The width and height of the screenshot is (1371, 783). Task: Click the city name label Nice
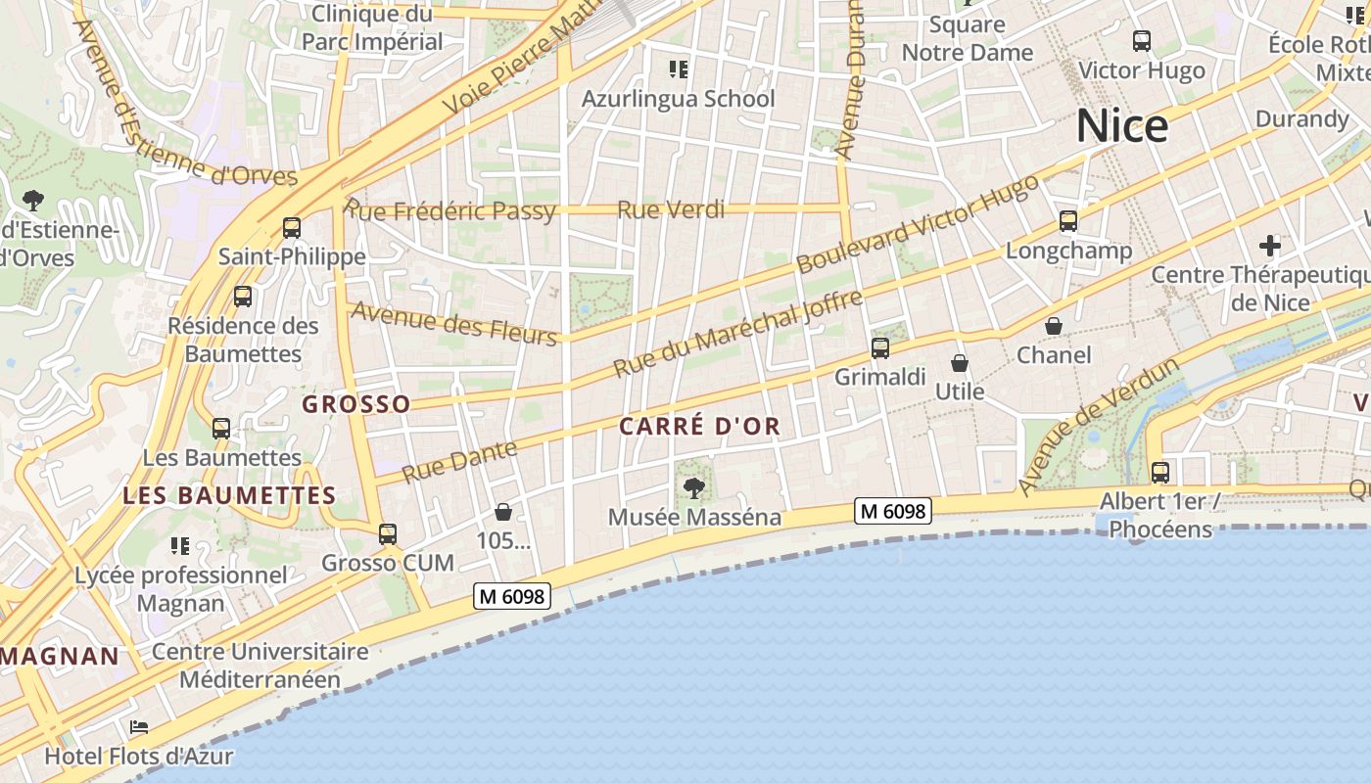[x=1122, y=126]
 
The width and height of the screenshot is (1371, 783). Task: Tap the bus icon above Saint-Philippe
[x=292, y=228]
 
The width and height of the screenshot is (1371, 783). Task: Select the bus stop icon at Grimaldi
[x=880, y=348]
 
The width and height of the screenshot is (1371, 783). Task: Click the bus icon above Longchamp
[x=1068, y=221]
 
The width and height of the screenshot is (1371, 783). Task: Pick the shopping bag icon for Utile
[x=960, y=363]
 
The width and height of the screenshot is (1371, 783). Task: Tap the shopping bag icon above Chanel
[x=1054, y=326]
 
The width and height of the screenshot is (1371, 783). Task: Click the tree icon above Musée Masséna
[x=694, y=486]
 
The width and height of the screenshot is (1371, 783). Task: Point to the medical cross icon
[x=1270, y=245]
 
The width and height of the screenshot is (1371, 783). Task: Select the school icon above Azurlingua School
[x=678, y=69]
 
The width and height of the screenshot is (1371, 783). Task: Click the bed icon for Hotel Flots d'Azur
[x=139, y=728]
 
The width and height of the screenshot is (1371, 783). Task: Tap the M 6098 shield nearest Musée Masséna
[x=891, y=510]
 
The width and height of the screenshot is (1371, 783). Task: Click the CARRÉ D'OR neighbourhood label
[x=699, y=426]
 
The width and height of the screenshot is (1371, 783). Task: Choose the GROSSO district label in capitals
[x=356, y=403]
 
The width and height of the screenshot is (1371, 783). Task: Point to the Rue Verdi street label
[x=671, y=209]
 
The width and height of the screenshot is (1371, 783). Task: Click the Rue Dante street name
[x=459, y=460]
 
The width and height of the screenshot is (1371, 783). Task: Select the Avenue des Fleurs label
[x=454, y=323]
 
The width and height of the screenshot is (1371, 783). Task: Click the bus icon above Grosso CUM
[x=388, y=534]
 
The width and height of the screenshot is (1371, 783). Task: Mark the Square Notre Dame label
[x=968, y=38]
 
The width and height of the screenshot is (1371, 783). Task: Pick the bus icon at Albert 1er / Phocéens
[x=1160, y=473]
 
